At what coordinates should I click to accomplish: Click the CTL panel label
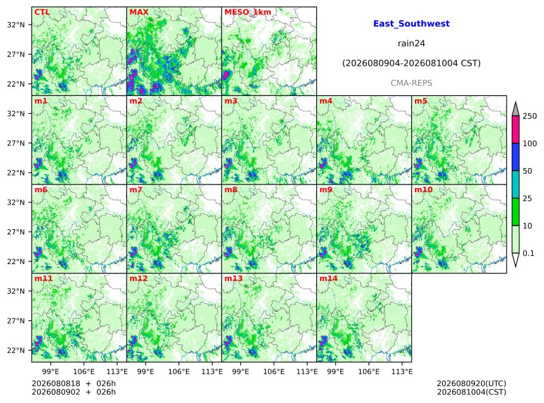pos(42,12)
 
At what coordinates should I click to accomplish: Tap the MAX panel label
pos(139,12)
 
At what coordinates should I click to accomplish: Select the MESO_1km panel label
pos(248,13)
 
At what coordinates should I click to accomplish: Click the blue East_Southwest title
pos(411,23)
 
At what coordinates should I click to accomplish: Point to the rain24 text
pos(411,44)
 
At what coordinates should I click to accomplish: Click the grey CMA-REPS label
pos(411,83)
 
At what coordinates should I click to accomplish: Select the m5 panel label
pos(421,101)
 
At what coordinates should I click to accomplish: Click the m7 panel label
pos(135,189)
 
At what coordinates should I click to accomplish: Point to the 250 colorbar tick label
pos(530,116)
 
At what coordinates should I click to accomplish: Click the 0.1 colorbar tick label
pos(528,253)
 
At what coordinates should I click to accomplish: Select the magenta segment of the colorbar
pos(516,129)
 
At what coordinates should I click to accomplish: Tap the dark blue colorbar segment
pos(516,157)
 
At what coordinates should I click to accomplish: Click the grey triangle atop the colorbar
pos(516,109)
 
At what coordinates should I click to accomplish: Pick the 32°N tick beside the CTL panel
pos(16,25)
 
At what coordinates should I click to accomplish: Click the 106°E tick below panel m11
pos(84,371)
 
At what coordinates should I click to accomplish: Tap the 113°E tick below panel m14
pos(402,371)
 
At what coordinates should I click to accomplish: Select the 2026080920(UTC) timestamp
pos(471,383)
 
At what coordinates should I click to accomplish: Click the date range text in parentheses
pos(411,63)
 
